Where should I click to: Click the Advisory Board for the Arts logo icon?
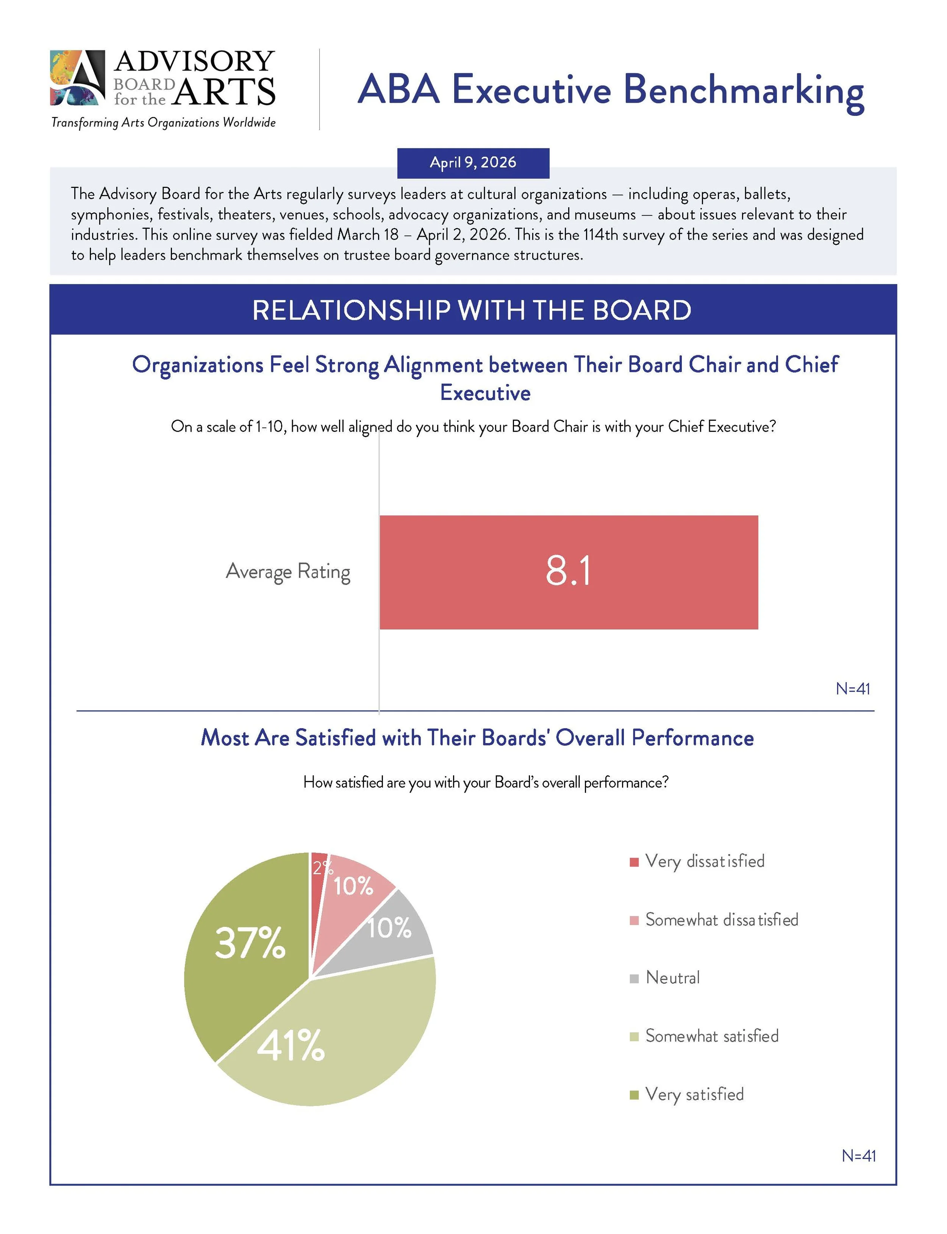pos(77,78)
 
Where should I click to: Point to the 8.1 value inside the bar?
pos(568,571)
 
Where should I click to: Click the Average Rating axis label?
pos(288,571)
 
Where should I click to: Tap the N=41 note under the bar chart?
pos(852,689)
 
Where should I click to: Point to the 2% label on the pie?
pos(321,868)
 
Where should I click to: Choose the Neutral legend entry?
pos(672,978)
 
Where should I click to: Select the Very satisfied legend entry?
pos(694,1094)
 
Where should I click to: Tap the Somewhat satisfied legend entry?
pos(711,1036)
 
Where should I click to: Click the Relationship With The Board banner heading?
pos(472,310)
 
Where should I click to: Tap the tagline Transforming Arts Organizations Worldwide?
pos(164,122)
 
